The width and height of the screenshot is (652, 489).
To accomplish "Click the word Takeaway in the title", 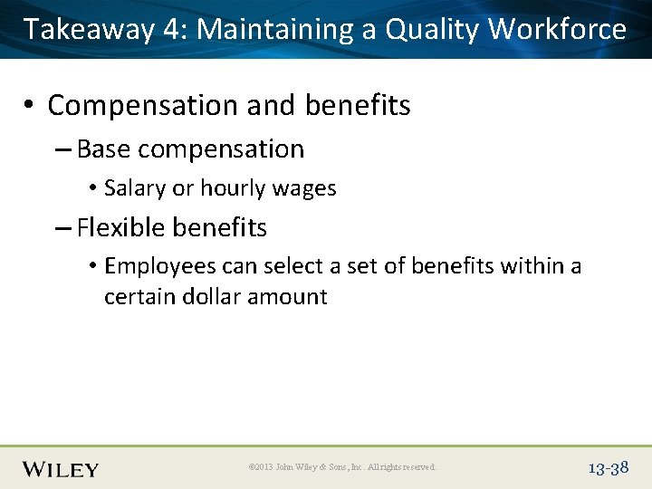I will pyautogui.click(x=89, y=30).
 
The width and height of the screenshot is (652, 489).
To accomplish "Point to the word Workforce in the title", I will pyautogui.click(x=557, y=30).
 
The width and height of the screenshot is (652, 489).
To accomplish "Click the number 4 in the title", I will pyautogui.click(x=173, y=30).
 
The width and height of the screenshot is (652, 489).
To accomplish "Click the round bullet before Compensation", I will pyautogui.click(x=31, y=106).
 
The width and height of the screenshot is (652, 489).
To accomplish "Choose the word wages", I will pyautogui.click(x=303, y=188).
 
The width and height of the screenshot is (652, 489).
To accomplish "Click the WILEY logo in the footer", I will pyautogui.click(x=61, y=468).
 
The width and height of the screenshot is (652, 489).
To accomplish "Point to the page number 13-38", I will pyautogui.click(x=609, y=468).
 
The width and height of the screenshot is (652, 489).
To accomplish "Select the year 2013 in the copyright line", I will pyautogui.click(x=263, y=468).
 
